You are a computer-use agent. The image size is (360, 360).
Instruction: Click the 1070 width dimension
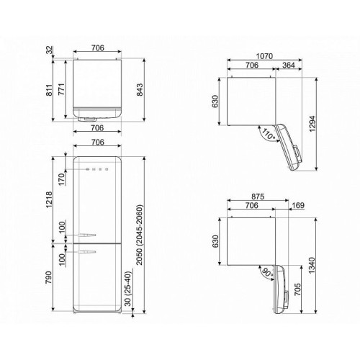point(264,56)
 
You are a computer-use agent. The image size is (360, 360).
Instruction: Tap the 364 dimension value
point(289,65)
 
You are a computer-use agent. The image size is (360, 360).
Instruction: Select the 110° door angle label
point(269,134)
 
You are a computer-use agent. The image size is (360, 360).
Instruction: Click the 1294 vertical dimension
point(312,124)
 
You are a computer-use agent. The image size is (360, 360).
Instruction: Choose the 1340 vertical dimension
point(312,266)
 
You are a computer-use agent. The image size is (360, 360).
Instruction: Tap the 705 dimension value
point(297,289)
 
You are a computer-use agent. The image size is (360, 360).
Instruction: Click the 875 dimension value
point(258,197)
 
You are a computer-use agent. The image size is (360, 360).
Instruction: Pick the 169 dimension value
point(298,205)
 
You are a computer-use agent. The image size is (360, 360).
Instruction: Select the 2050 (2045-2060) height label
point(140,235)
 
